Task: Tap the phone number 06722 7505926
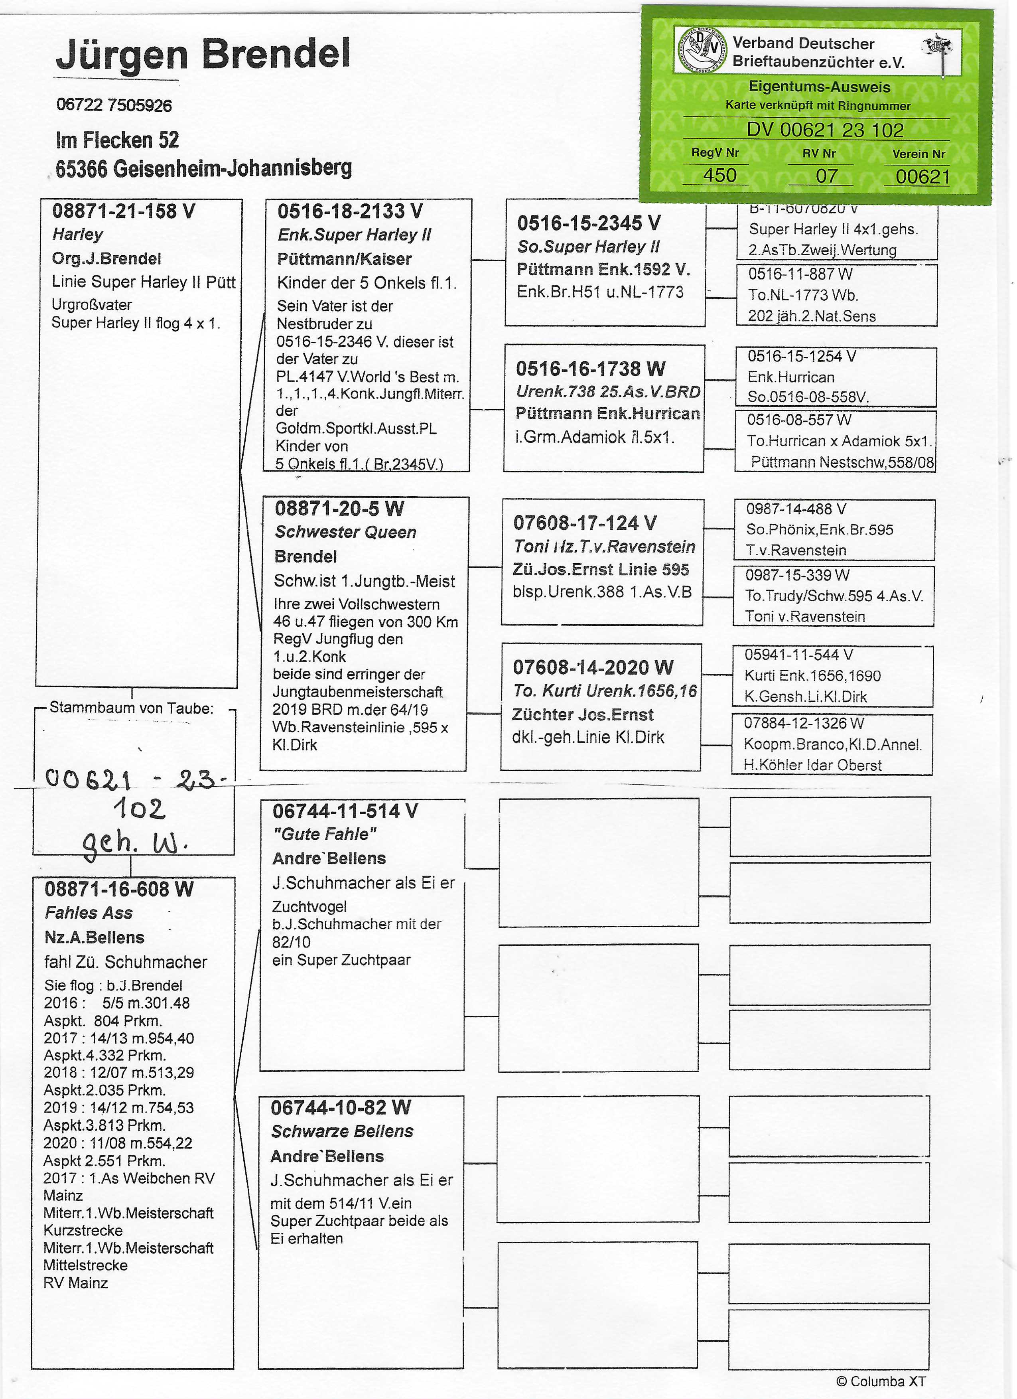click(114, 105)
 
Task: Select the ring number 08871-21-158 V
click(123, 211)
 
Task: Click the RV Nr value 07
click(826, 176)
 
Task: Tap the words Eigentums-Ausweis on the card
click(819, 87)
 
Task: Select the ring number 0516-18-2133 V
click(350, 211)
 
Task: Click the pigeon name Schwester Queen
click(345, 532)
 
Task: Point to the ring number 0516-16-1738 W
click(590, 369)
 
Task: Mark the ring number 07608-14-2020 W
click(593, 667)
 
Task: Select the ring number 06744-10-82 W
click(341, 1107)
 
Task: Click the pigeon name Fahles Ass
click(89, 913)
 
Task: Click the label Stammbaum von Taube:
click(131, 708)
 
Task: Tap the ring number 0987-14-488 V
click(796, 509)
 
